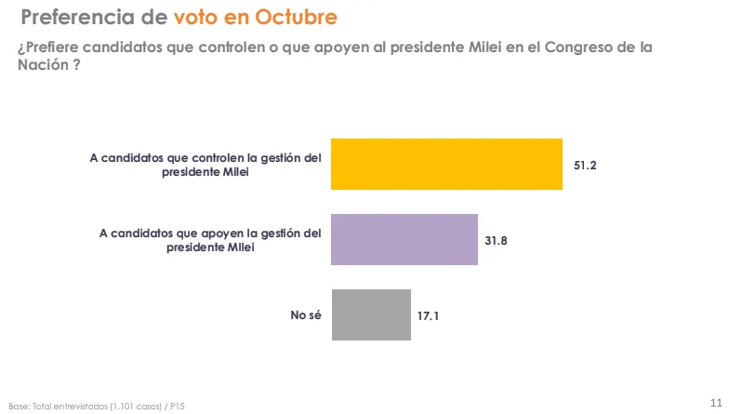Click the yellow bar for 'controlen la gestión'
click(x=447, y=164)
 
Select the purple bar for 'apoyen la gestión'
click(x=404, y=239)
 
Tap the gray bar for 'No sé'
click(x=371, y=314)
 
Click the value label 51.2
click(x=584, y=165)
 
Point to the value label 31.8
click(x=497, y=240)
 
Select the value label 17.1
click(x=428, y=315)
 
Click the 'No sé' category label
click(x=305, y=315)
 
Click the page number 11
click(x=716, y=402)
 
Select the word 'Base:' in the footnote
click(x=19, y=407)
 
